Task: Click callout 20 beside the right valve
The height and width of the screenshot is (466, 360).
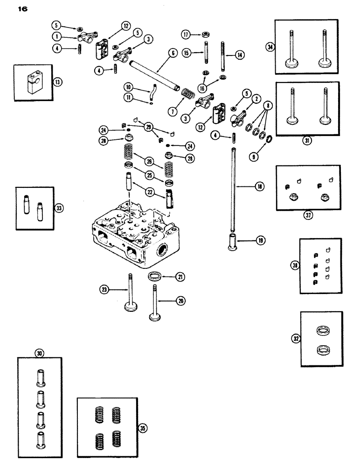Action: pyautogui.click(x=179, y=301)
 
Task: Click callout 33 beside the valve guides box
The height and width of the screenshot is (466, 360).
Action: pyautogui.click(x=59, y=208)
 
